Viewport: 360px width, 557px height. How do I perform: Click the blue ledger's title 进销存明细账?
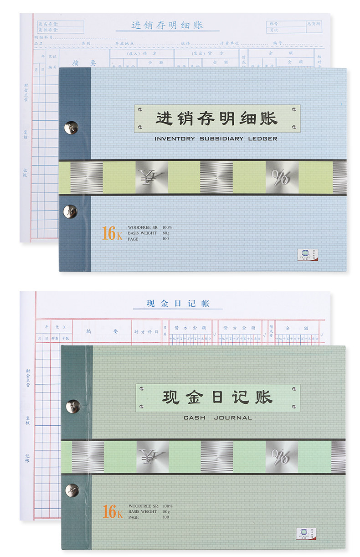pyautogui.click(x=216, y=119)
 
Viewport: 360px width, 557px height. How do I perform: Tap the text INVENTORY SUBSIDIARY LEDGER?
pyautogui.click(x=216, y=139)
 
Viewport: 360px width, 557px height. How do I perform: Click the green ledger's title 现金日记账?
pyautogui.click(x=217, y=397)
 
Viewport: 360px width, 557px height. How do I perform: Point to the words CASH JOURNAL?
pyautogui.click(x=217, y=418)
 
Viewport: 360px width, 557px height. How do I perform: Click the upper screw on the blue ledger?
pyautogui.click(x=71, y=128)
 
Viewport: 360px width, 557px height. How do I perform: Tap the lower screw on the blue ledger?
pyautogui.click(x=71, y=211)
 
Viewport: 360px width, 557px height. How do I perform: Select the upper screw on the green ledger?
pyautogui.click(x=72, y=405)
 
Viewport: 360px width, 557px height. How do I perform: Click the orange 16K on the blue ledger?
pyautogui.click(x=112, y=233)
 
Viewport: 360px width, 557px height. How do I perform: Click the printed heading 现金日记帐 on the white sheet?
pyautogui.click(x=178, y=304)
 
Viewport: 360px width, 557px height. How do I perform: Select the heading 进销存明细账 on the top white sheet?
pyautogui.click(x=167, y=25)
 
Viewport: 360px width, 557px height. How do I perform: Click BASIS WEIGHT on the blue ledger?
pyautogui.click(x=142, y=233)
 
